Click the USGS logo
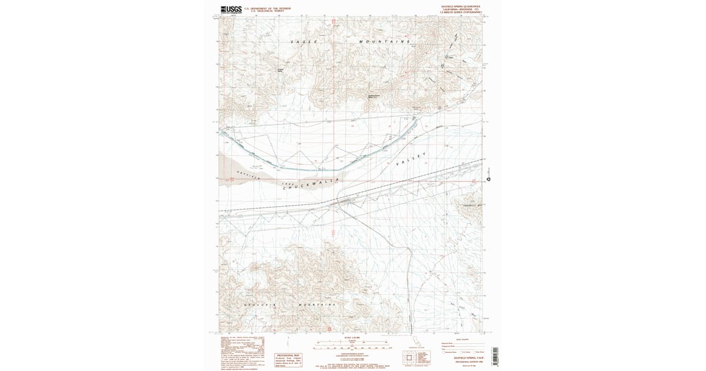tap(231, 9)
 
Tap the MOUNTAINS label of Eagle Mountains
tap(385, 42)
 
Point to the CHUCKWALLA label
tap(312, 183)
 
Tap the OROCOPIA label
tap(257, 305)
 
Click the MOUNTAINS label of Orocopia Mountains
tap(317, 304)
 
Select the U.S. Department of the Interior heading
tap(264, 8)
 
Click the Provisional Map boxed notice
tap(289, 359)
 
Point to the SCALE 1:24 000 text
tap(351, 337)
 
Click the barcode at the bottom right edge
tap(494, 356)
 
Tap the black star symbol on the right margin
tap(488, 179)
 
